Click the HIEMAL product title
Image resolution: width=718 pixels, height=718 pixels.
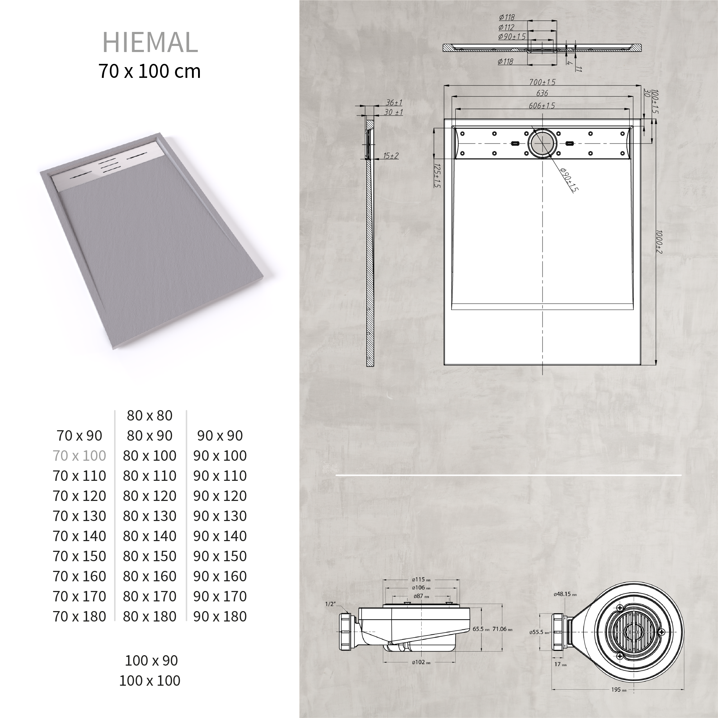(150, 42)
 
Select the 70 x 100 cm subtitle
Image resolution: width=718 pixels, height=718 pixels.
(149, 71)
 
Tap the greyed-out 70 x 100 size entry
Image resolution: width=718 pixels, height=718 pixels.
(79, 456)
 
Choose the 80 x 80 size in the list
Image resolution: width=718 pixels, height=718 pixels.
(149, 416)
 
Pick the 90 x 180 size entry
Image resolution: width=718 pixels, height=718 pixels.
(220, 616)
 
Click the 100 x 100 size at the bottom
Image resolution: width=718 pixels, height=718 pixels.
(149, 681)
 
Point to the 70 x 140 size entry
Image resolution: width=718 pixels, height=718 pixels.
(79, 536)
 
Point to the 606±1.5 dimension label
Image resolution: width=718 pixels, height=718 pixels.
(541, 105)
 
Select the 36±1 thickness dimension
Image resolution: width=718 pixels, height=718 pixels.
(394, 103)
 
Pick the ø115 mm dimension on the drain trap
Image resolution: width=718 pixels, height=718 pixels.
(421, 579)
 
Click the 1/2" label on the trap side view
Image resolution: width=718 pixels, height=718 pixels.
(330, 604)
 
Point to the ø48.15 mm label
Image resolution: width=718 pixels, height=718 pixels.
(565, 594)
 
